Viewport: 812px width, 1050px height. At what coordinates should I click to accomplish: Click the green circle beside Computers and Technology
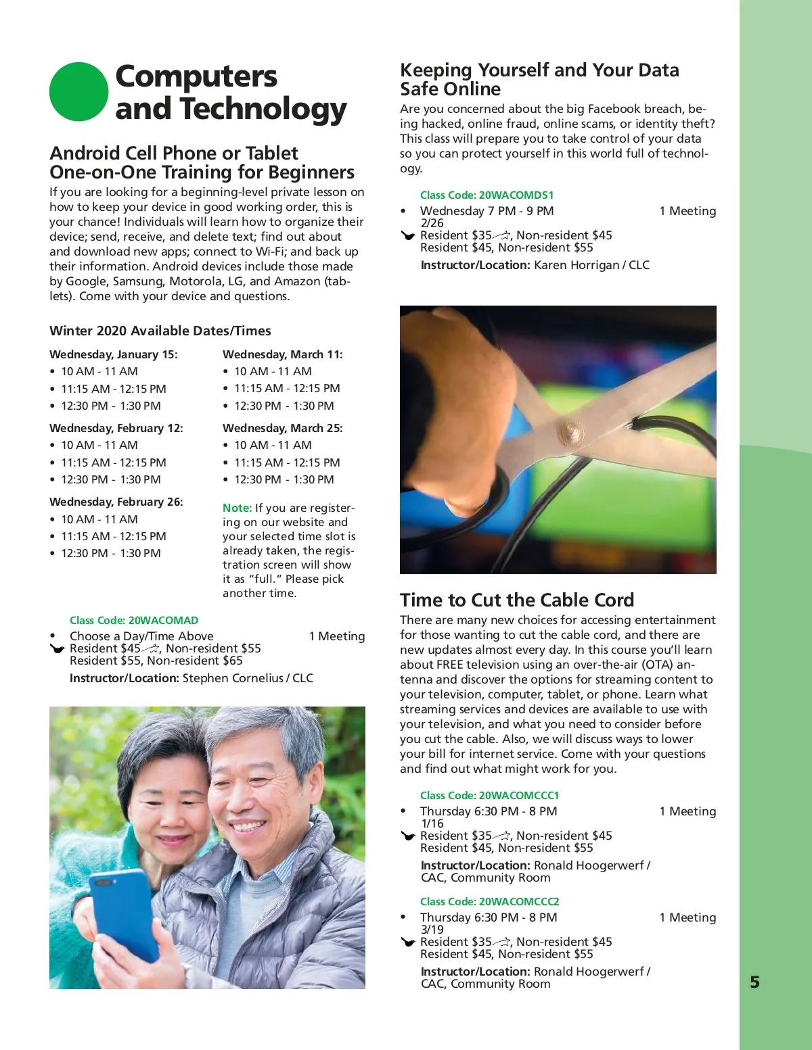78,92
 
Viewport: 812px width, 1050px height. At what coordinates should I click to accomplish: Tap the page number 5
755,982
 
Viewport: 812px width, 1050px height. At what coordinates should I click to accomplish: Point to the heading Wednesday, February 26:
116,502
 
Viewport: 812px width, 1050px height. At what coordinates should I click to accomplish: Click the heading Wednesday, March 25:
283,428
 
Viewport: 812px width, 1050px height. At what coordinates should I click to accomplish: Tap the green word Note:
237,508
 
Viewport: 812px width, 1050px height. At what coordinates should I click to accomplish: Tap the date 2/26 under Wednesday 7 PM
432,223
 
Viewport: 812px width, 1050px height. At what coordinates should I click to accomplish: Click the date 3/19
432,930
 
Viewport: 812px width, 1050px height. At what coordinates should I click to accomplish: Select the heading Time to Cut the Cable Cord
517,600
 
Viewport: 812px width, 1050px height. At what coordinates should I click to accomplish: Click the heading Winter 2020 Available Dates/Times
160,331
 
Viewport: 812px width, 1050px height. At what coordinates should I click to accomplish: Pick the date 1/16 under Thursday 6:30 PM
432,824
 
